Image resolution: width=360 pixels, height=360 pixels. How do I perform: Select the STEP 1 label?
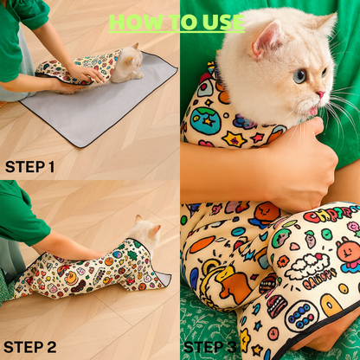[x=29, y=166]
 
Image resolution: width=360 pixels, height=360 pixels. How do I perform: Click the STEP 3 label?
[x=210, y=347]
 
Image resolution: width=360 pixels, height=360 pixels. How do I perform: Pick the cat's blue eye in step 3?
[x=299, y=76]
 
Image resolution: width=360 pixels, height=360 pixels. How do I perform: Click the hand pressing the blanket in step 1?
[x=87, y=75]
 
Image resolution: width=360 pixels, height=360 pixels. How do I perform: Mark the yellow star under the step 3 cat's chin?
[x=234, y=138]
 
